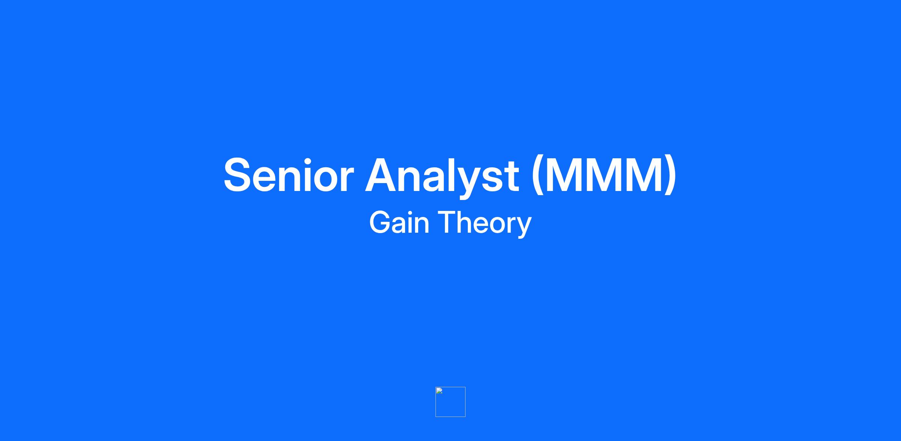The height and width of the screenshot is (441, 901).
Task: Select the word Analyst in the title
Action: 442,177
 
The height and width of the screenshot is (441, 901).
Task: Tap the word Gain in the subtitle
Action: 399,222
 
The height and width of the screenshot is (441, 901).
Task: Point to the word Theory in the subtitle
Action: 485,224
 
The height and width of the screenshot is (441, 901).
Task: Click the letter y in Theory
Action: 524,227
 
